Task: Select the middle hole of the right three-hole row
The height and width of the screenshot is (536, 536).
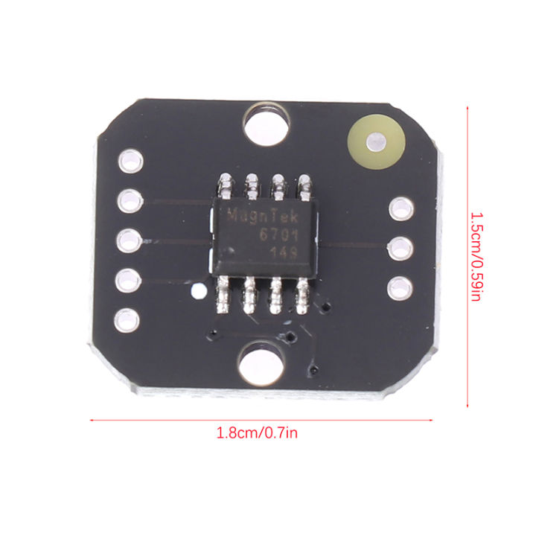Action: [x=401, y=246]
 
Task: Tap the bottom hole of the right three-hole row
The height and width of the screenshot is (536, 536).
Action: [x=401, y=287]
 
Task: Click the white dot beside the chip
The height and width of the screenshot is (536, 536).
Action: [x=197, y=291]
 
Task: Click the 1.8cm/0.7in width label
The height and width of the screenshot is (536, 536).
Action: [x=257, y=433]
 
